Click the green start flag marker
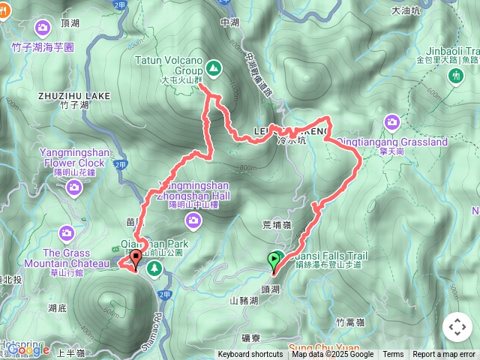coord(275,260)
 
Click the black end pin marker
coord(136,260)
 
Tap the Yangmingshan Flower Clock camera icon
coord(73,187)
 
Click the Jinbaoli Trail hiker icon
coord(454,75)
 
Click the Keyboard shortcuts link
coord(250,355)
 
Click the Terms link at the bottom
coord(393,355)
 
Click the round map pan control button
coord(457,328)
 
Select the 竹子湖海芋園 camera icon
coord(43,28)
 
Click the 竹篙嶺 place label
coord(350,322)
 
